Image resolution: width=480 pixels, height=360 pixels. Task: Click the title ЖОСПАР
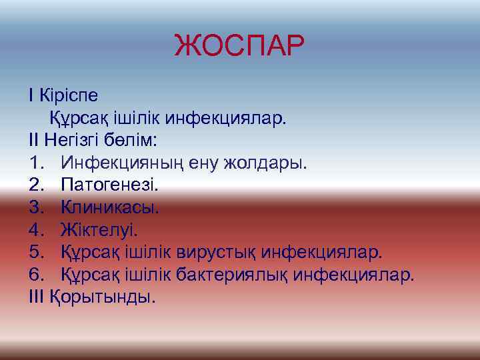tap(239, 47)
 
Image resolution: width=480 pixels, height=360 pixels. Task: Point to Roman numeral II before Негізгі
tap(35, 141)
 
